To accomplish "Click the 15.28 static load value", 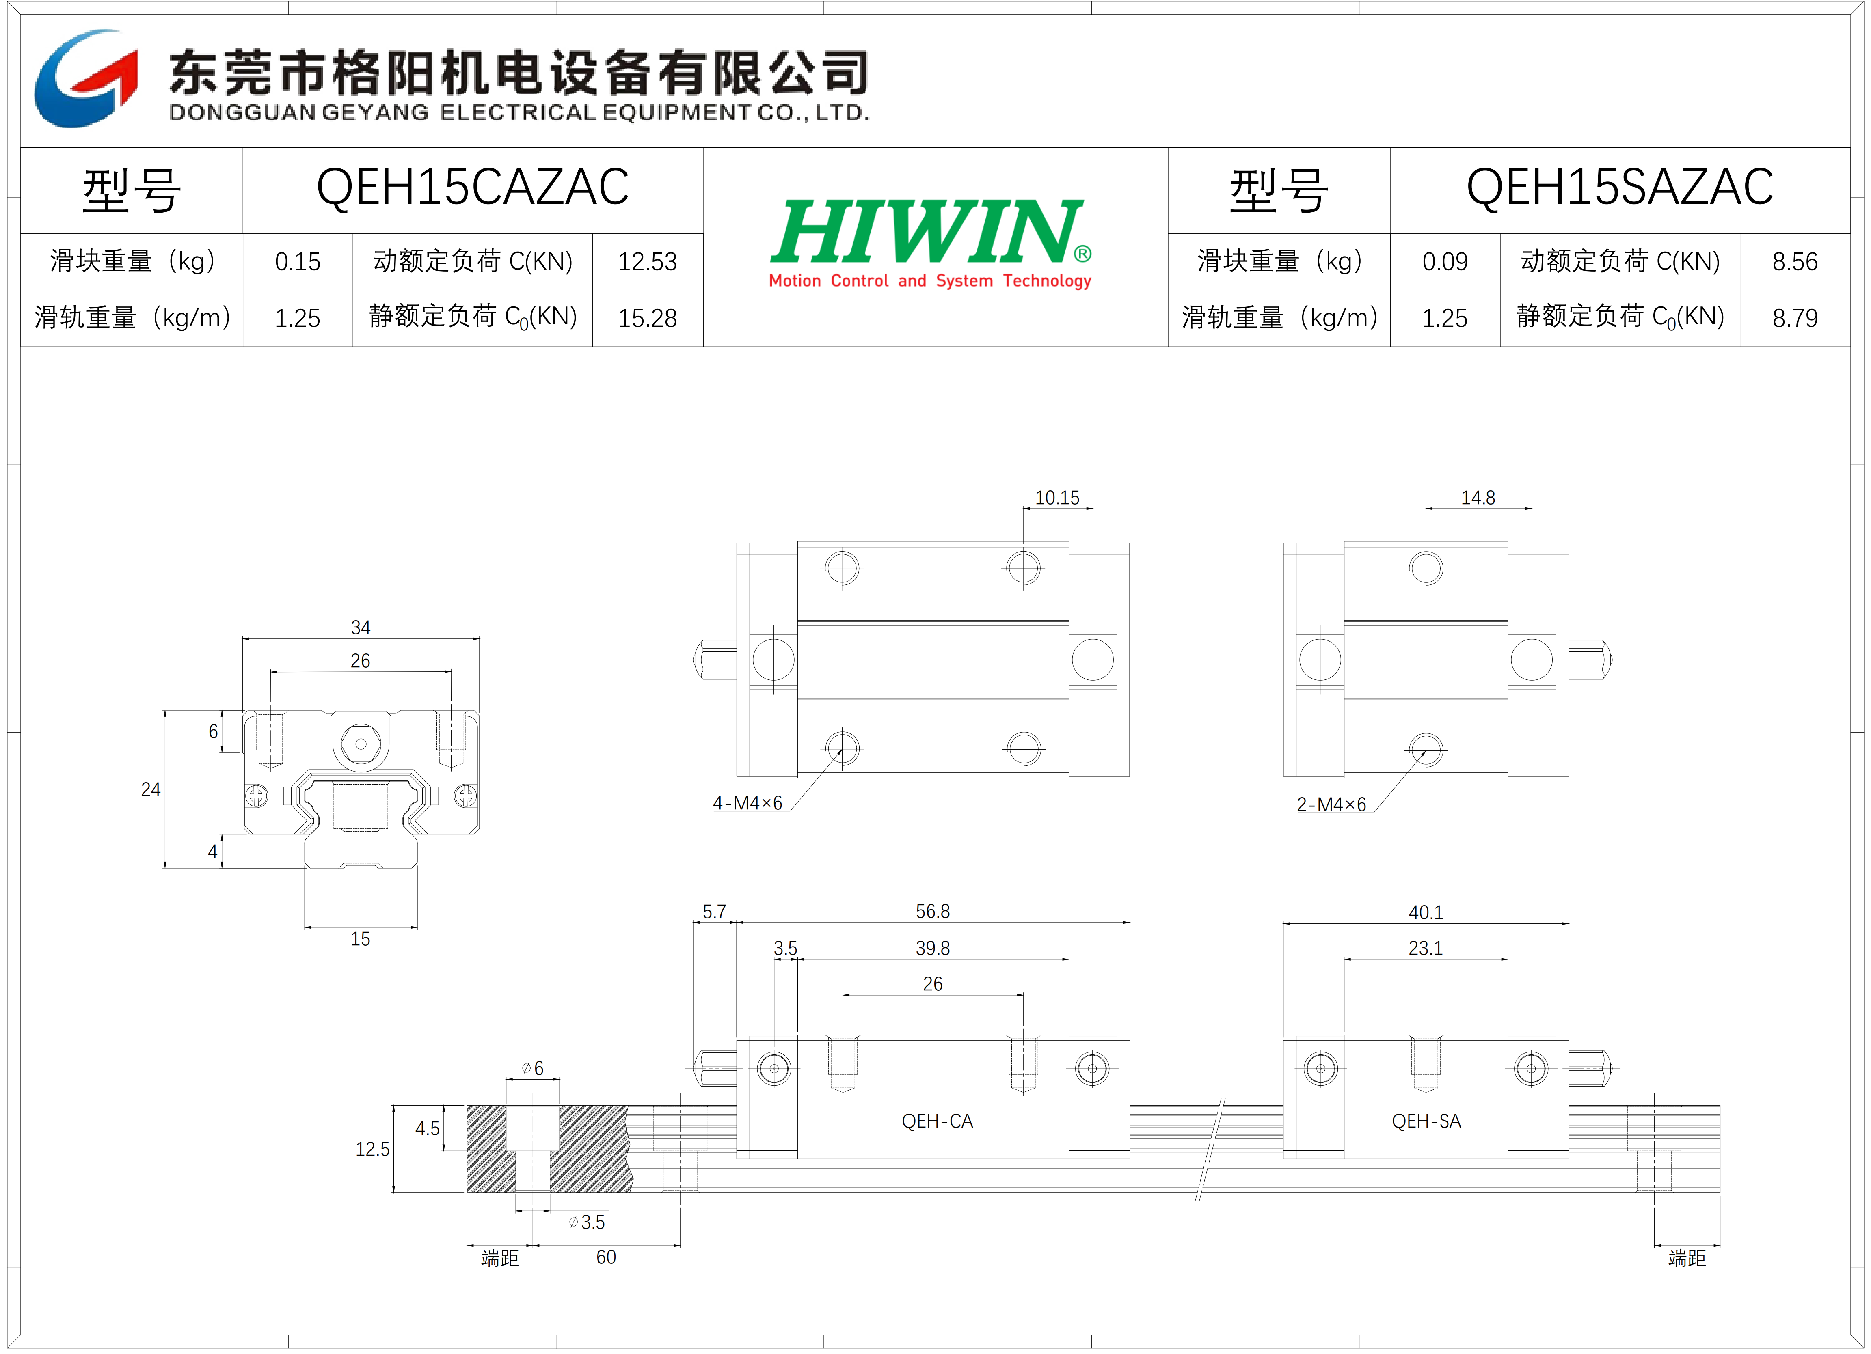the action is pyautogui.click(x=648, y=318).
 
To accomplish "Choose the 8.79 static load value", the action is pyautogui.click(x=1795, y=318).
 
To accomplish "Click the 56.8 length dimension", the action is pyautogui.click(x=933, y=911).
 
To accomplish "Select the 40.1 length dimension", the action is pyautogui.click(x=1426, y=912).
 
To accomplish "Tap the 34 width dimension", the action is pyautogui.click(x=361, y=627).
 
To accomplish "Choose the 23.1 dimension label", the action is pyautogui.click(x=1426, y=948).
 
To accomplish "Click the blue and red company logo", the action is pyautogui.click(x=86, y=78).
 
